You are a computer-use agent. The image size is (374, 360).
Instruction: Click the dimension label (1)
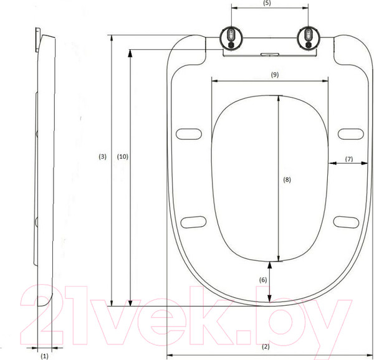(44, 356)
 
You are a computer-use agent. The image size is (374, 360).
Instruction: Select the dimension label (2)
(265, 346)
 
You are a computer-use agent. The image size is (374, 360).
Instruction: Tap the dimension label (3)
(103, 157)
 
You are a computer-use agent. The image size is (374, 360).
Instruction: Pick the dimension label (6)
(263, 280)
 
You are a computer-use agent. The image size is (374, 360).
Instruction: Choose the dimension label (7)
(348, 159)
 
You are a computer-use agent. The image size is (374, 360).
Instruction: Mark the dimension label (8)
(287, 179)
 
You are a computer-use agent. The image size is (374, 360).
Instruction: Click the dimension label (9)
(274, 74)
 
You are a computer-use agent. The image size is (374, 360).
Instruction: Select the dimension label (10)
(123, 157)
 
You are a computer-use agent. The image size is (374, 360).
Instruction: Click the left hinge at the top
(231, 37)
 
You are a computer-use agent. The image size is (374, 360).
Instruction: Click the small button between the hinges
(269, 54)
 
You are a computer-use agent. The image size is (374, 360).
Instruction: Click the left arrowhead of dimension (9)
(214, 80)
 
